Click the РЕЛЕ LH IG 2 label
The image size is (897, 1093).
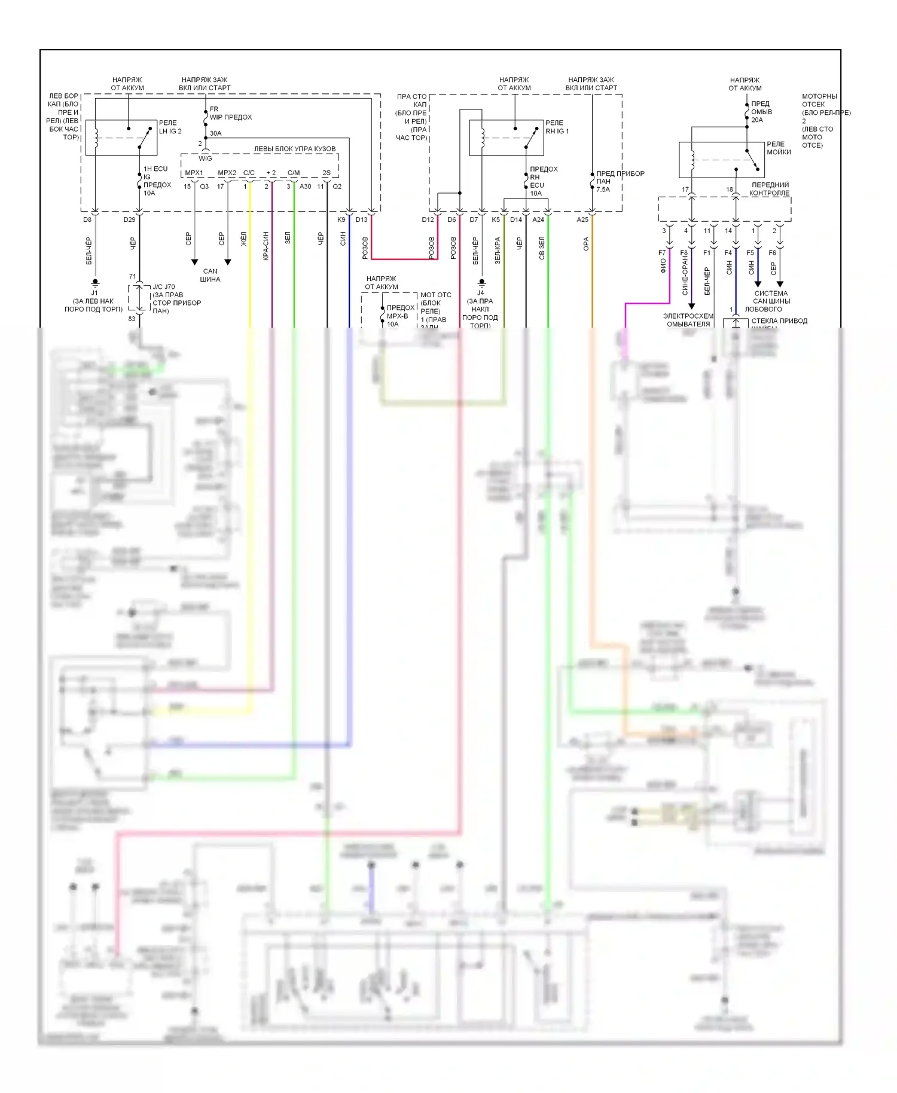pyautogui.click(x=170, y=127)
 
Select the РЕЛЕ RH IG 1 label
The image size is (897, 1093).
pyautogui.click(x=557, y=127)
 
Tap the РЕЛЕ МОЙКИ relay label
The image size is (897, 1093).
pyautogui.click(x=778, y=148)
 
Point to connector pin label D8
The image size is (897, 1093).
pyautogui.click(x=87, y=219)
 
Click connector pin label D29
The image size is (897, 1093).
pyautogui.click(x=129, y=219)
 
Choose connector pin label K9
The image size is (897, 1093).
pyautogui.click(x=341, y=219)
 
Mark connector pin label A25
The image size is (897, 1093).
pyautogui.click(x=582, y=219)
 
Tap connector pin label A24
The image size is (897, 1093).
pyautogui.click(x=538, y=219)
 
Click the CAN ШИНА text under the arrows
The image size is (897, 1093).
pyautogui.click(x=210, y=275)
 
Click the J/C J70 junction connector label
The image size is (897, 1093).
pyautogui.click(x=164, y=287)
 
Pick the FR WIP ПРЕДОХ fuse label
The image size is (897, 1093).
pyautogui.click(x=230, y=114)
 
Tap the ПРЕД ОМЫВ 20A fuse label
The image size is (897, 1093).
pyautogui.click(x=761, y=112)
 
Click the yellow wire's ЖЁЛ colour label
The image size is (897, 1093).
pyautogui.click(x=243, y=239)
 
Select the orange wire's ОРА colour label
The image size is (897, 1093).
pyautogui.click(x=586, y=243)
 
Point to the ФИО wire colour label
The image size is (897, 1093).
pyautogui.click(x=663, y=265)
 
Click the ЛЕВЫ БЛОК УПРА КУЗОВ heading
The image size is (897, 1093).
pyautogui.click(x=294, y=149)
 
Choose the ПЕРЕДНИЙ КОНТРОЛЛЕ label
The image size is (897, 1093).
pyautogui.click(x=770, y=189)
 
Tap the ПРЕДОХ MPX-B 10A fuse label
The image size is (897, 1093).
pyautogui.click(x=400, y=316)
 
